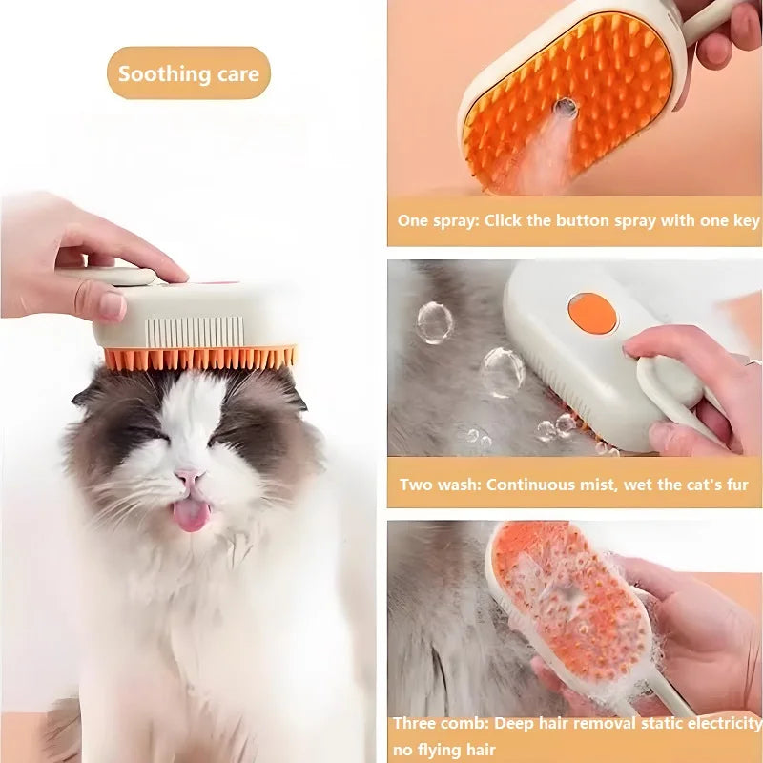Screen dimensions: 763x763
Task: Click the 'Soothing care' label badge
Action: tap(188, 73)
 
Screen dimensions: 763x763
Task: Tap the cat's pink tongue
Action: tap(191, 514)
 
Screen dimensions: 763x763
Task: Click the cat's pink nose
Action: tap(188, 475)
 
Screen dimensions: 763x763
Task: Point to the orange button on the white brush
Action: tap(591, 313)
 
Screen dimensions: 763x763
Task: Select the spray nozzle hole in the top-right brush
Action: tap(566, 108)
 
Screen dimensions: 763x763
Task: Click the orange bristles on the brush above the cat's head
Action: tap(200, 358)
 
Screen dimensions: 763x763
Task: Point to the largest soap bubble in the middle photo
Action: tap(502, 372)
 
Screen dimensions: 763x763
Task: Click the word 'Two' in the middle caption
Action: tap(416, 485)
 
